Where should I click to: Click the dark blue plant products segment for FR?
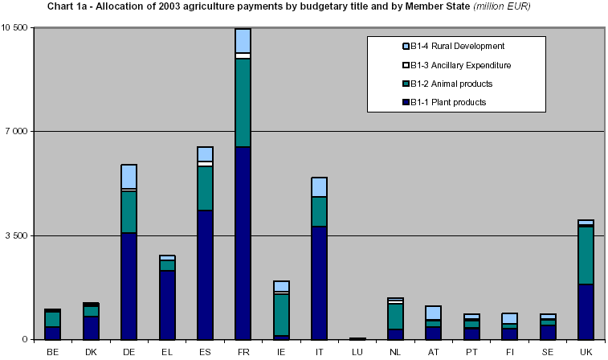coord(243,243)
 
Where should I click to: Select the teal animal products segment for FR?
coord(243,102)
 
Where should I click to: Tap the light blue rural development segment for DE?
coord(129,176)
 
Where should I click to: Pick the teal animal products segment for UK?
coord(586,255)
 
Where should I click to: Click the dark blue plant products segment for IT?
coord(319,282)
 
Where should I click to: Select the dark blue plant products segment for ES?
coord(205,274)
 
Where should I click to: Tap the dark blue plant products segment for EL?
coord(167,305)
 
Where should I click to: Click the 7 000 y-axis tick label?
coord(17,132)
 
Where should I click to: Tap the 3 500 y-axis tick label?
coord(17,235)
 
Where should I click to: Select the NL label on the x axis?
coord(395,352)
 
